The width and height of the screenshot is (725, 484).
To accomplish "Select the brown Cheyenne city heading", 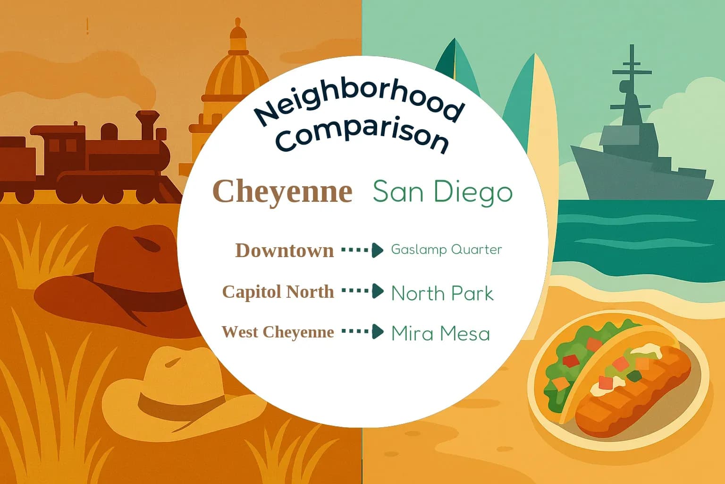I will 282,191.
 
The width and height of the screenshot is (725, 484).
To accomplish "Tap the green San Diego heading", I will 442,191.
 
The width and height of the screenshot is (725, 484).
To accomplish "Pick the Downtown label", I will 284,250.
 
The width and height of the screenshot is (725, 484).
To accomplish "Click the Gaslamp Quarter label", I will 446,250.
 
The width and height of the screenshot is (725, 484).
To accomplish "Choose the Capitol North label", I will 278,292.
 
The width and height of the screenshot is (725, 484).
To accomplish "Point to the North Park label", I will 442,294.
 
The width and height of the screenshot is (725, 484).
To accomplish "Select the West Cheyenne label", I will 278,332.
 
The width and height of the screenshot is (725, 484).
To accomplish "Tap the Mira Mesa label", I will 440,334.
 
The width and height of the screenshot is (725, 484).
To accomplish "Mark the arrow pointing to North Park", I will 362,291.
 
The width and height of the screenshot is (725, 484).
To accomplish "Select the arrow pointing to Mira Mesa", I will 362,331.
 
